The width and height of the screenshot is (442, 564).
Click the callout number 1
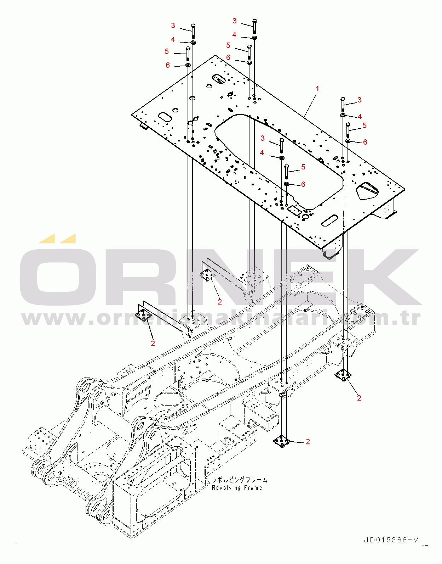coord(317,89)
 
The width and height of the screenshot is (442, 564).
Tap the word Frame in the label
coord(253,488)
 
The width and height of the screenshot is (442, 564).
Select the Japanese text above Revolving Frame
coord(239,480)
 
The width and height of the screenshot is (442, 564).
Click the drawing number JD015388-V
coord(391,540)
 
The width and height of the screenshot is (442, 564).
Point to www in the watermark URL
coord(57,319)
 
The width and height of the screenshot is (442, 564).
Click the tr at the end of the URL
coord(412,318)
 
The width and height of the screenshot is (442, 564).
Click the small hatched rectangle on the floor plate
coord(294,210)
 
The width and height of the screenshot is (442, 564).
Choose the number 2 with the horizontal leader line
coord(308,441)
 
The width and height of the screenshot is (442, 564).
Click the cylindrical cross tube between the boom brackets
coord(113,413)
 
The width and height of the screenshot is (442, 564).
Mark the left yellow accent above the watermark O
coord(47,239)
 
